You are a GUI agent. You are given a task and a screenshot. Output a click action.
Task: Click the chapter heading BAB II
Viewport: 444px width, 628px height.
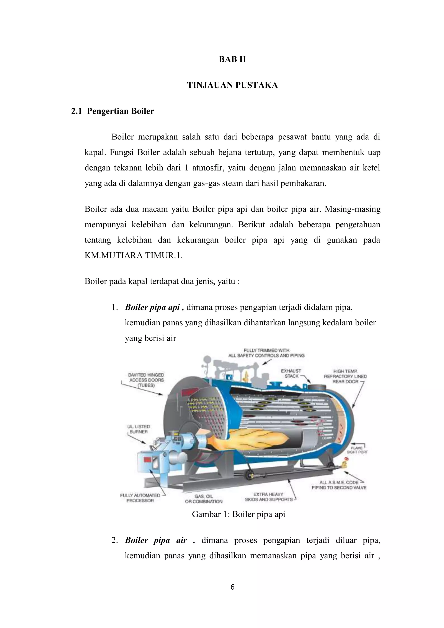tap(232, 59)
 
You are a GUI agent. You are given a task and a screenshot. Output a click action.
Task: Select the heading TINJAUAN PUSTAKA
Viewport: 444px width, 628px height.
tap(232, 85)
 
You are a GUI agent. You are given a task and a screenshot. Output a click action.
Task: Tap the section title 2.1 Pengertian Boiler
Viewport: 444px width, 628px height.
tap(112, 111)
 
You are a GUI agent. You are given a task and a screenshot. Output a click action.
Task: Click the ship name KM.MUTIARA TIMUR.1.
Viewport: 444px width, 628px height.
tap(133, 256)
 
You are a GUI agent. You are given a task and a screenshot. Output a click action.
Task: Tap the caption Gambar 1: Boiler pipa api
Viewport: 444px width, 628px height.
tap(238, 514)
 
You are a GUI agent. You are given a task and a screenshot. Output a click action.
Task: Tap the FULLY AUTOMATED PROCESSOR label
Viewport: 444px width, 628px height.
tap(140, 498)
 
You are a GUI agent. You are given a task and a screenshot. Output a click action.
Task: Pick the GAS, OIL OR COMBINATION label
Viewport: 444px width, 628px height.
tap(204, 499)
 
